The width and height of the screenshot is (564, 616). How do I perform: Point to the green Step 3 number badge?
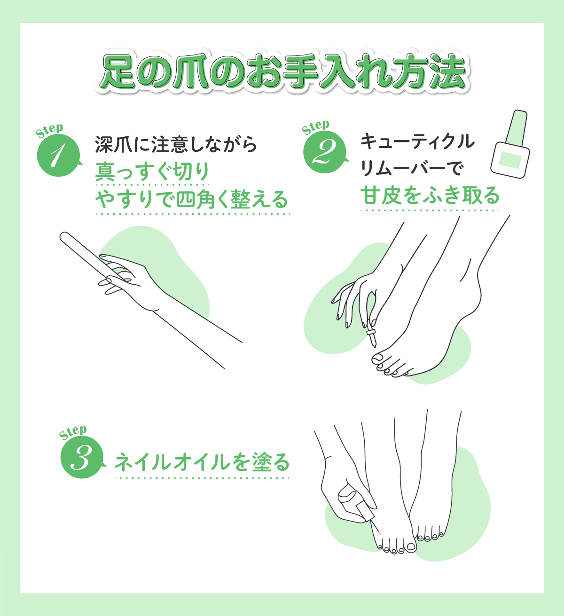pos(81,458)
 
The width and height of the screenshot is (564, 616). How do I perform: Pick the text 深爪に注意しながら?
pos(176,144)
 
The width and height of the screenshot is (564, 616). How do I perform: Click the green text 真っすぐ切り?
pos(152,172)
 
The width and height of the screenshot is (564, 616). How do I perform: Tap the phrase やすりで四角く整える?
pos(192,200)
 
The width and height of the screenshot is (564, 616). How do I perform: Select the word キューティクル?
pos(418,141)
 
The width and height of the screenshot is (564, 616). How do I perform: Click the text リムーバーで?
pos(412,168)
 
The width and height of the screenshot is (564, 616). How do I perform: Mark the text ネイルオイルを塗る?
pos(202,462)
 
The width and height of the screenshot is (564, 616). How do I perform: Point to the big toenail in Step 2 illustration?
pos(378,358)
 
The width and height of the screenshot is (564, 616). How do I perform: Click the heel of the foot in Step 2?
pos(477,301)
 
